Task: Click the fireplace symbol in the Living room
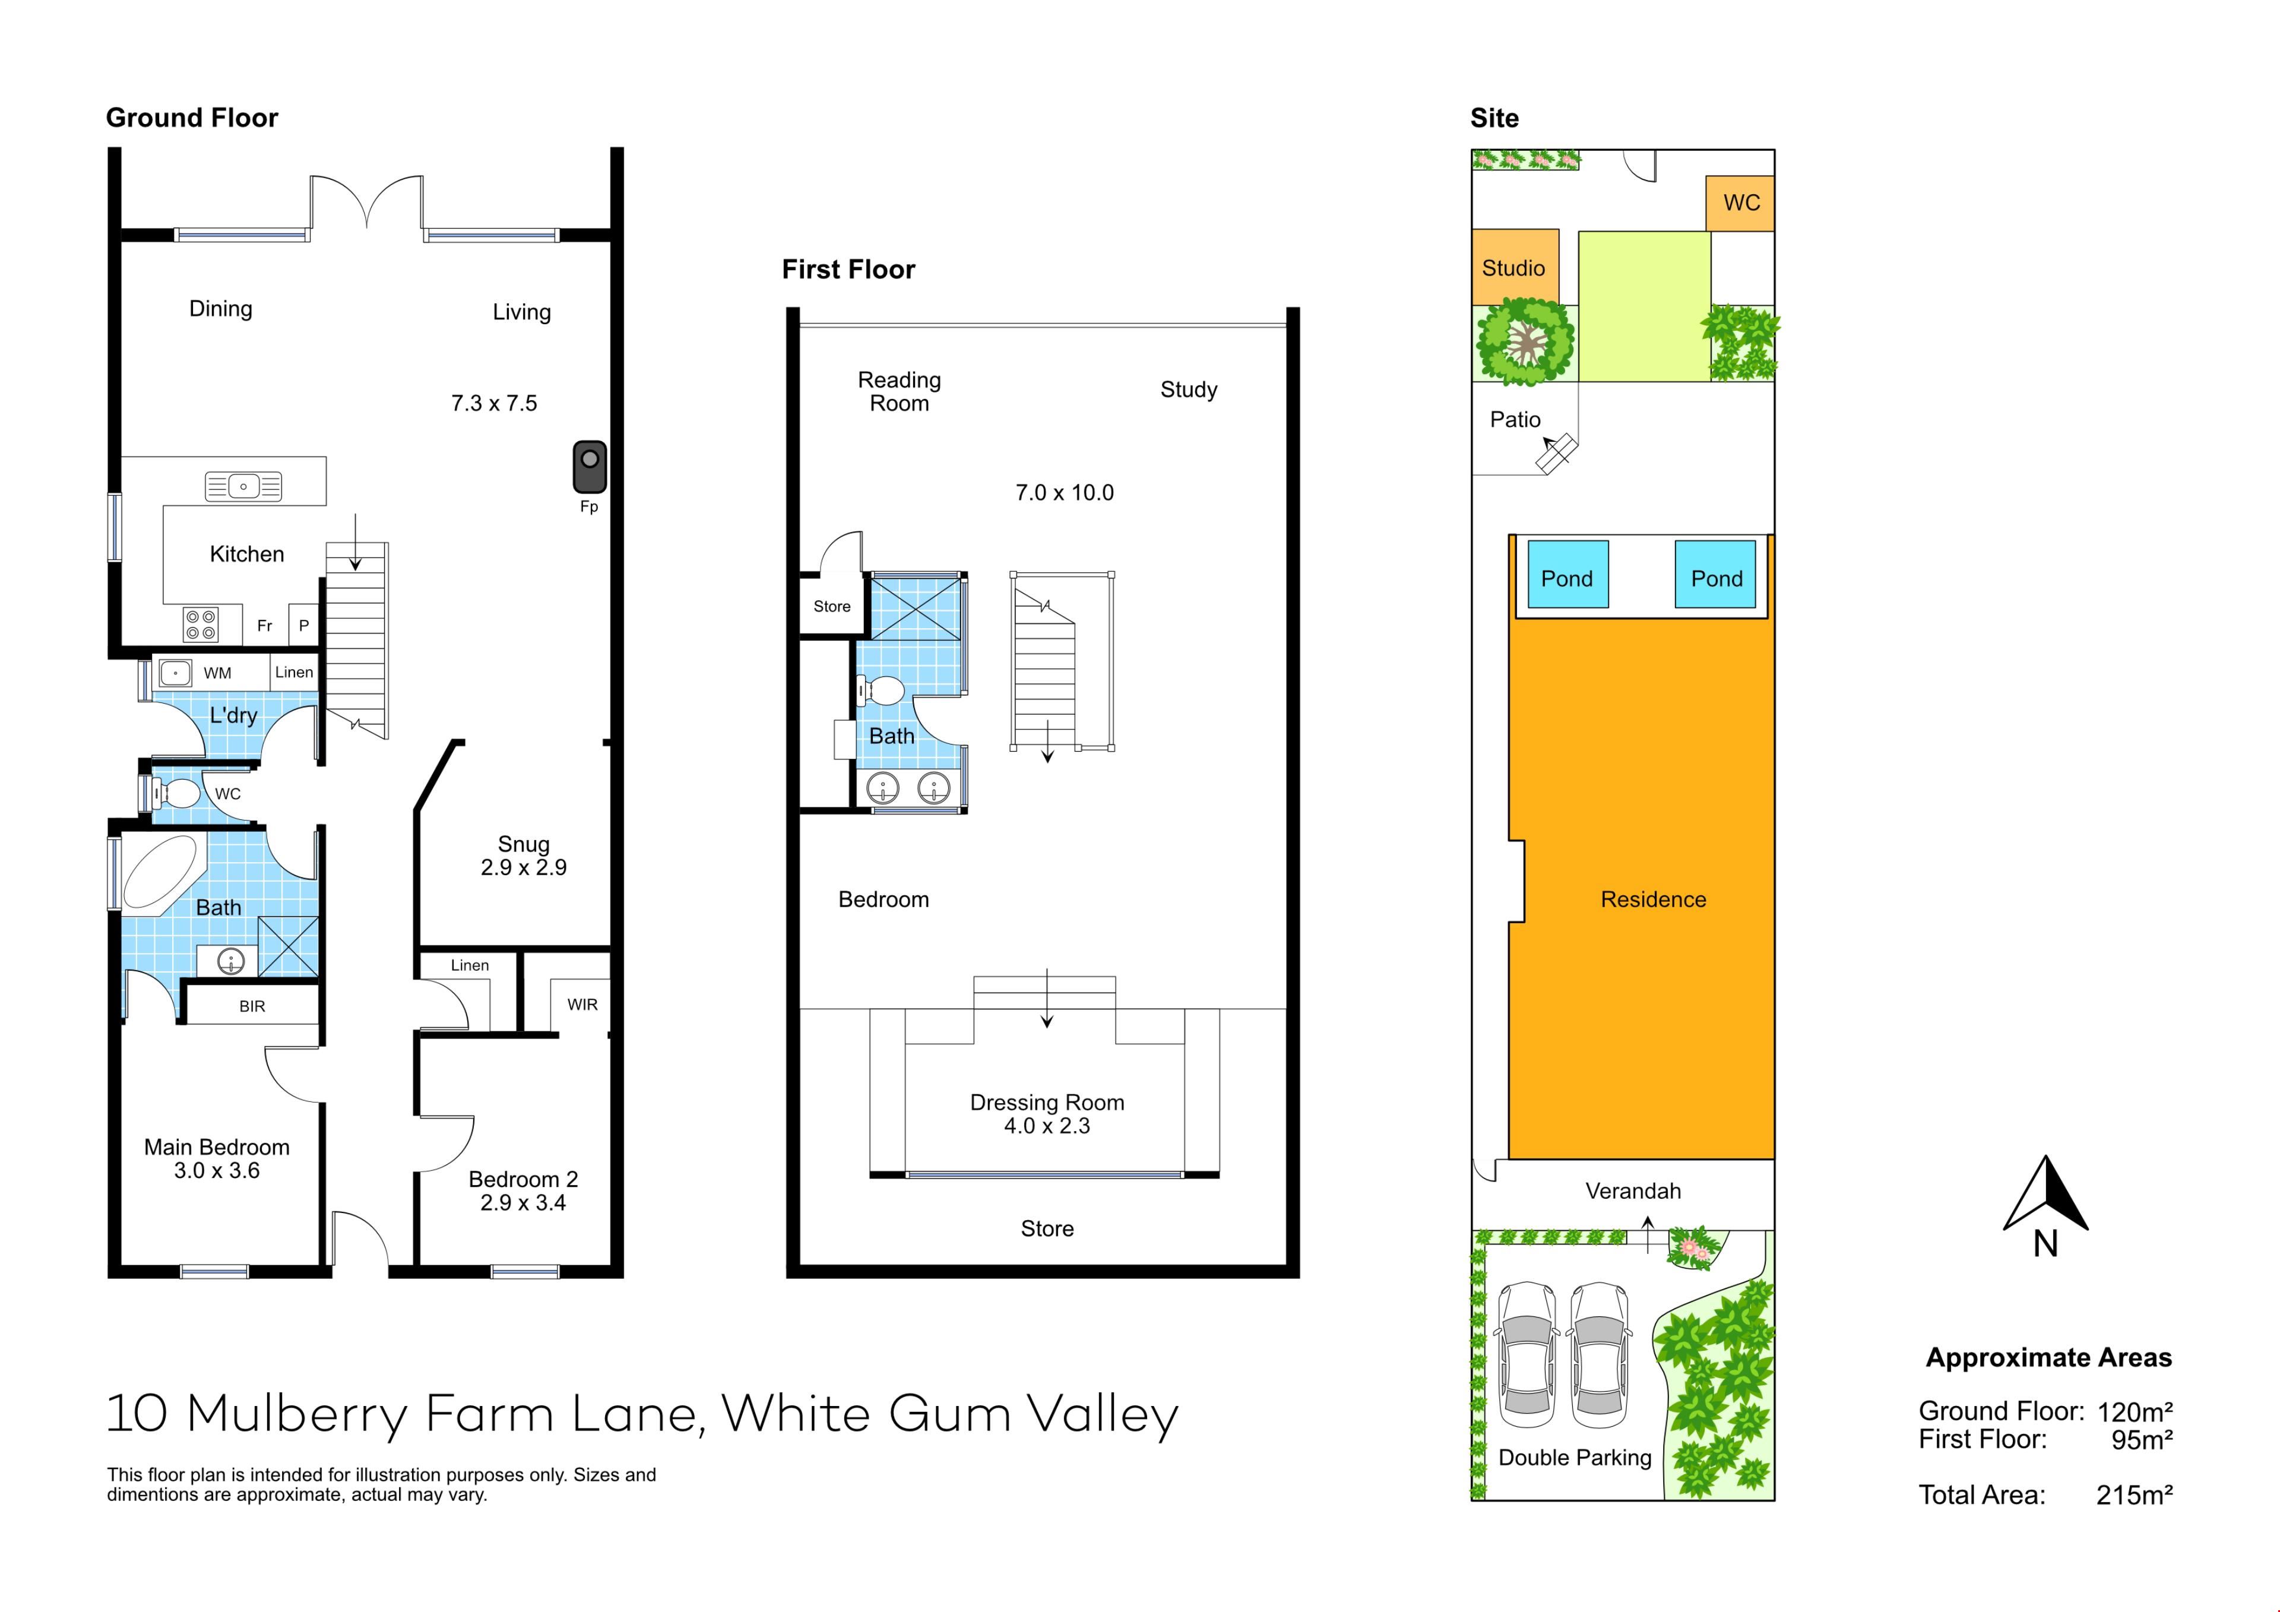click(590, 467)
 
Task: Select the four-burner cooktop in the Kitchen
click(201, 625)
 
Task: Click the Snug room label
click(523, 844)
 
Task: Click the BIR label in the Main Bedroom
click(252, 1007)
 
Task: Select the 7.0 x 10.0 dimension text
click(1065, 493)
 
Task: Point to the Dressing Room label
click(1047, 1103)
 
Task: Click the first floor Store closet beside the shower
click(832, 606)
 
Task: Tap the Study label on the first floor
click(1189, 389)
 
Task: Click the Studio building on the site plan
click(1515, 267)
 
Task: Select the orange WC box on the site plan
click(1741, 204)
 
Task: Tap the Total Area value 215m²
click(2134, 1495)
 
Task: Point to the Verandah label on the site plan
click(1633, 1191)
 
